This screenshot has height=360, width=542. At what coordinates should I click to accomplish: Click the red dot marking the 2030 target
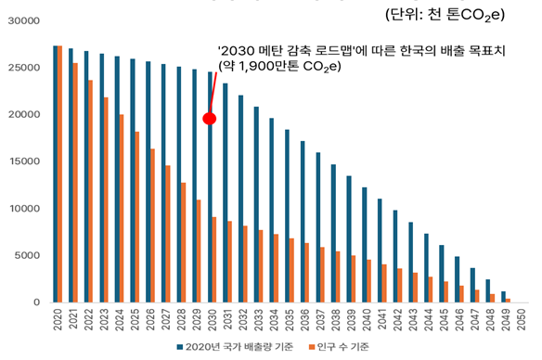(x=210, y=118)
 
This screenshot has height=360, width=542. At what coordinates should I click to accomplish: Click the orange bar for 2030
(x=215, y=260)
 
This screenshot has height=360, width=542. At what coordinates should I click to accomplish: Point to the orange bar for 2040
(x=370, y=281)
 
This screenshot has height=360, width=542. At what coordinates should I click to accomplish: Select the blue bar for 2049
(x=505, y=297)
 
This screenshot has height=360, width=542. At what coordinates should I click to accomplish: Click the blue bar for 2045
(x=443, y=274)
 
